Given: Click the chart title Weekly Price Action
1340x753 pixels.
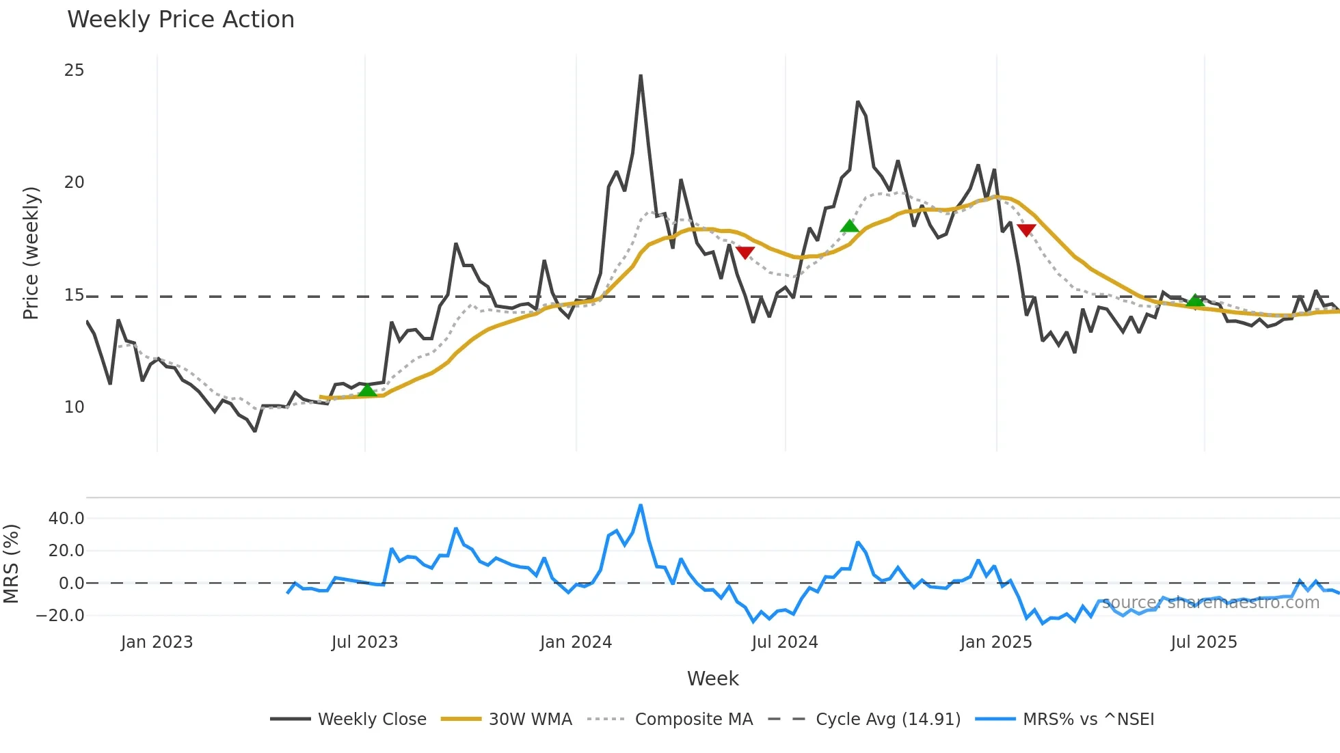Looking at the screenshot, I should pyautogui.click(x=180, y=20).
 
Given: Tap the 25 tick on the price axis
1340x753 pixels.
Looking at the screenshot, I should pyautogui.click(x=74, y=70).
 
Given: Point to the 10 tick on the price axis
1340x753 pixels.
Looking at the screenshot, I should pyautogui.click(x=74, y=407).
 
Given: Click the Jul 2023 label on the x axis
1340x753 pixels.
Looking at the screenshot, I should pyautogui.click(x=364, y=642).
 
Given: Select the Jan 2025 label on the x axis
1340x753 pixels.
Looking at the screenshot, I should pyautogui.click(x=995, y=642).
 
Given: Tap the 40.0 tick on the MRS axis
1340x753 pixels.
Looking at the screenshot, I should pyautogui.click(x=66, y=519).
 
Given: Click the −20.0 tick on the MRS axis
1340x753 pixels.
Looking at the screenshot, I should pyautogui.click(x=60, y=616).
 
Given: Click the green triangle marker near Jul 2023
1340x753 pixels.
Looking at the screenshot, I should pyautogui.click(x=367, y=390).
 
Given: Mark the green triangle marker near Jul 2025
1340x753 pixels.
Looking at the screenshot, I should pyautogui.click(x=1194, y=301).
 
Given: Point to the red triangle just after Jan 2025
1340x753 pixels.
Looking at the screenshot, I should pyautogui.click(x=1026, y=230).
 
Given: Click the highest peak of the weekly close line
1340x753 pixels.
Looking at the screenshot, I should pyautogui.click(x=641, y=76).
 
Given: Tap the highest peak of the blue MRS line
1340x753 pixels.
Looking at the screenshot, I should pyautogui.click(x=641, y=506).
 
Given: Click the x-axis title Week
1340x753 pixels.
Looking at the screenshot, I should pyautogui.click(x=712, y=679).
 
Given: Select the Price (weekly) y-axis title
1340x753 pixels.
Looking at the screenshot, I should pyautogui.click(x=31, y=254).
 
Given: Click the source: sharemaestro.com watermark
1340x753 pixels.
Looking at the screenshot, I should pyautogui.click(x=1210, y=603).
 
